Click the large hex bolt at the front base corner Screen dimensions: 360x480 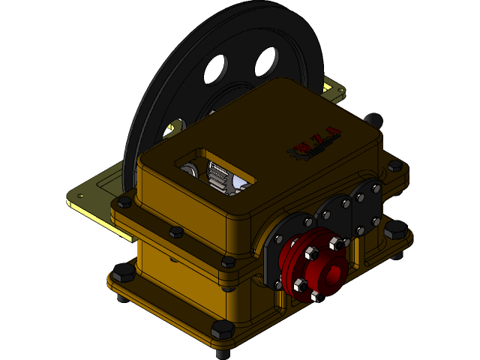[223, 330]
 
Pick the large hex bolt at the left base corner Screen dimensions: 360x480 [123, 273]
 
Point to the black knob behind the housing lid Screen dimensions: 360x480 [373, 120]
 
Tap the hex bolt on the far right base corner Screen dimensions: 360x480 [395, 230]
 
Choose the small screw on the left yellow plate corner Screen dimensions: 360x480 [78, 197]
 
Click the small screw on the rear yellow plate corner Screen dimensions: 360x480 [342, 91]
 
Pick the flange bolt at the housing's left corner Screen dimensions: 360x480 [124, 201]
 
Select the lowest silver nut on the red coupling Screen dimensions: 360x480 [314, 296]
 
